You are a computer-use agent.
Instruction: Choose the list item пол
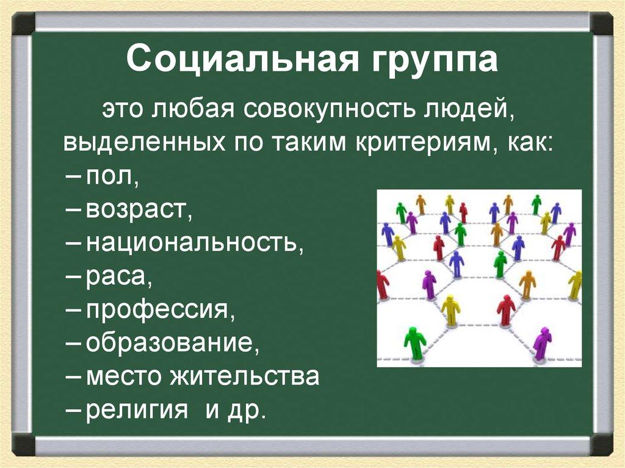(x=112, y=176)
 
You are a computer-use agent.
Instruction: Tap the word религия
(x=137, y=409)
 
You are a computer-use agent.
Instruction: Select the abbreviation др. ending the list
(x=249, y=409)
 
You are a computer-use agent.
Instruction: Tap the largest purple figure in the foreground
(x=541, y=343)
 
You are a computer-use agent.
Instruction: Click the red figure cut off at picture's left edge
(x=382, y=284)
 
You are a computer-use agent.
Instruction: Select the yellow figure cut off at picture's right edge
(x=575, y=285)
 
